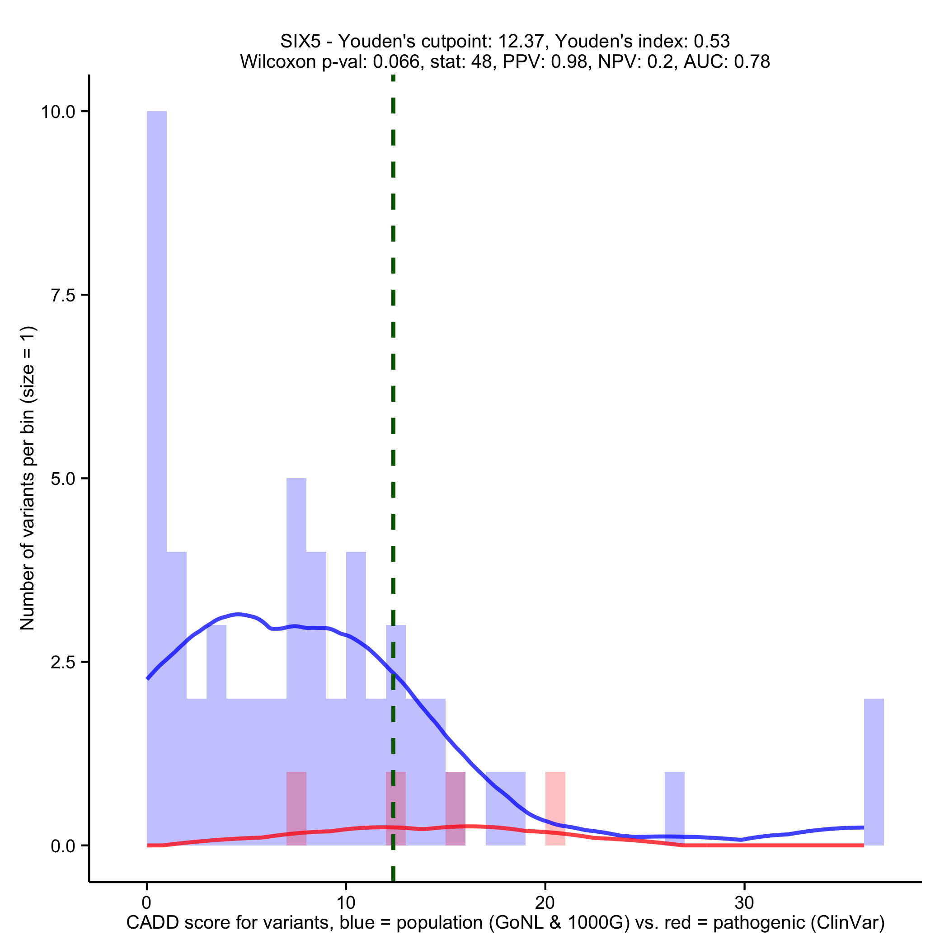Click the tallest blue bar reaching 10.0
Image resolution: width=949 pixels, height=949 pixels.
coord(157,344)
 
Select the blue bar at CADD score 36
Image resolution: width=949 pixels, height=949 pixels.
coord(874,772)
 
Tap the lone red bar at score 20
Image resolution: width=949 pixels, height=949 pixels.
coord(555,808)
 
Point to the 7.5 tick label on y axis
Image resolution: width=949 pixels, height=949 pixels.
coord(63,295)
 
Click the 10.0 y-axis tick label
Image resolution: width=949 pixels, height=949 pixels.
coord(58,112)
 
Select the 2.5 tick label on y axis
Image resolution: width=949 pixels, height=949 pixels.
coord(63,662)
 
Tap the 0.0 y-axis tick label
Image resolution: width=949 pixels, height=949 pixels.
coord(63,846)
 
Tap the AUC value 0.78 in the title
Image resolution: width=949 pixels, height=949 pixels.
coord(752,61)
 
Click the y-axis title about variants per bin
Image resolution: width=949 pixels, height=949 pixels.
coord(28,478)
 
